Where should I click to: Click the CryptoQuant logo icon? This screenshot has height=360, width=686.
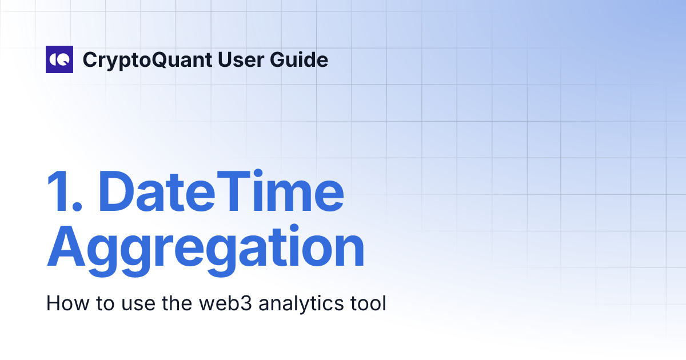(59, 59)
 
